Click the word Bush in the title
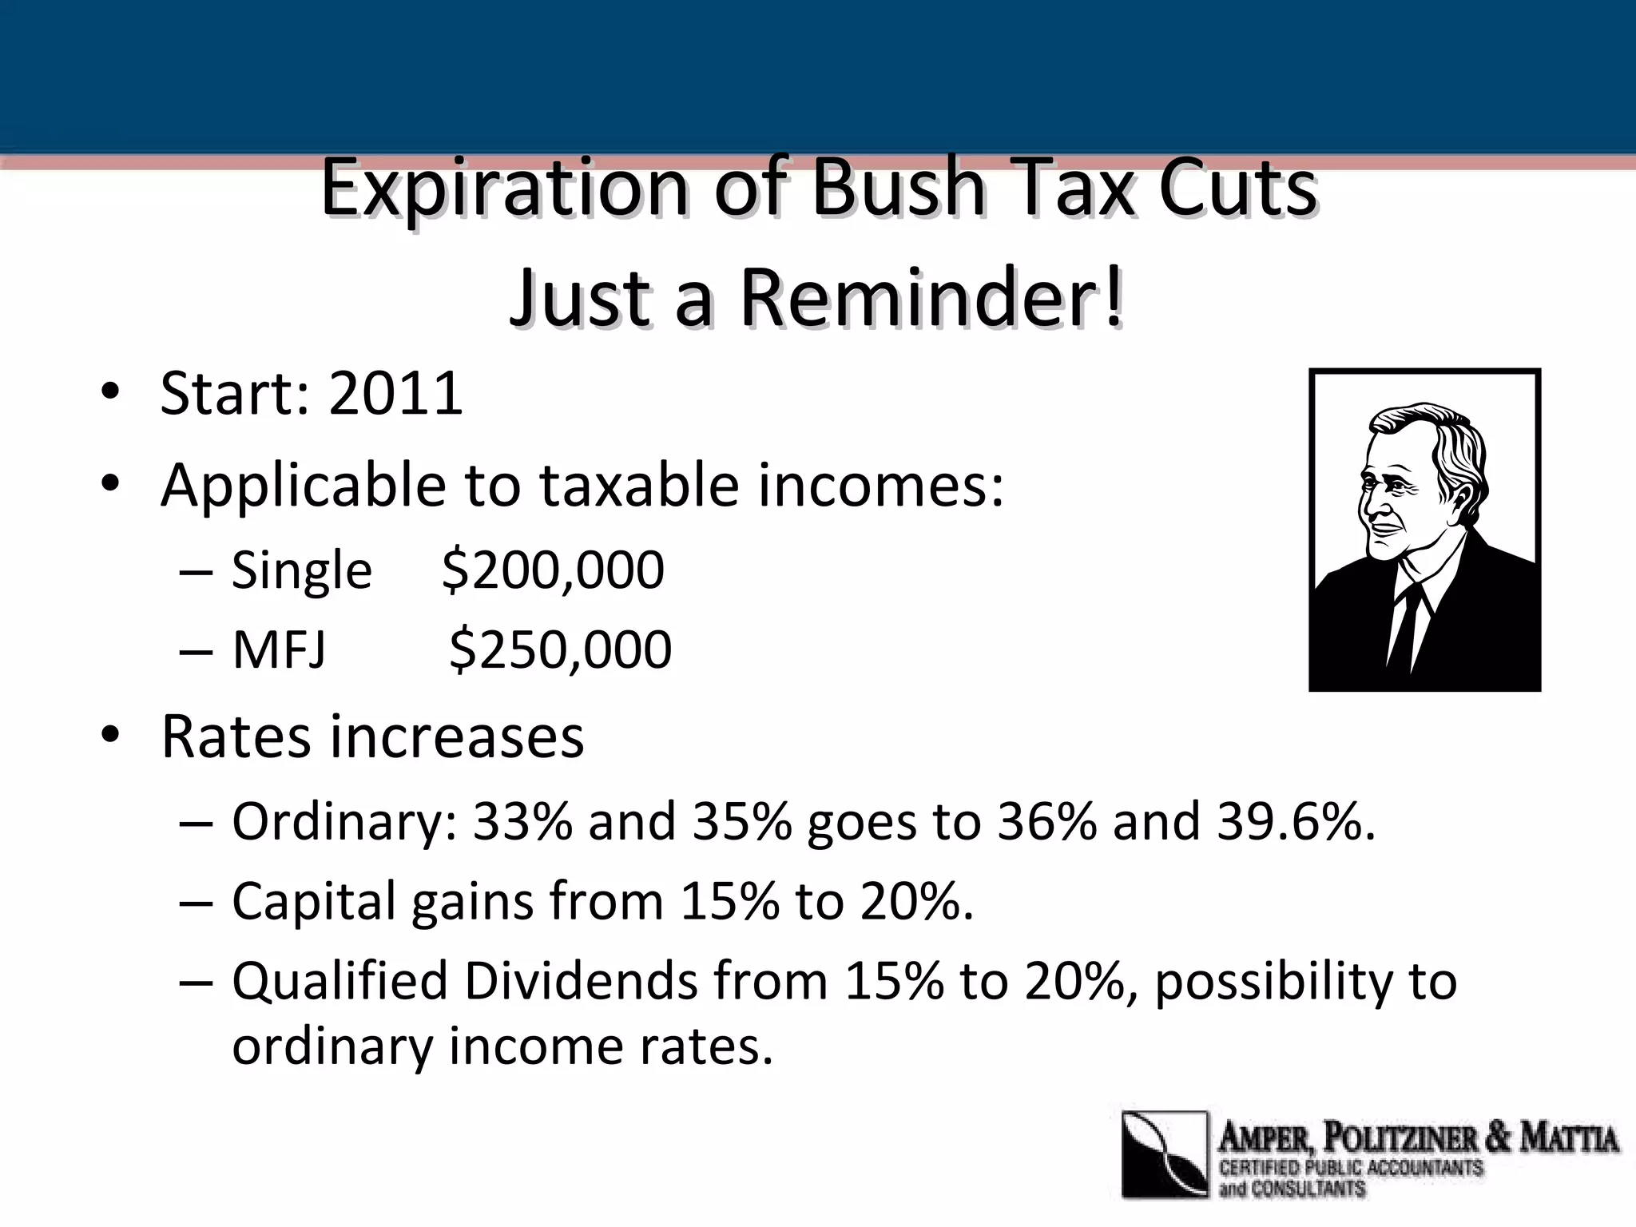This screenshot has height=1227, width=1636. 898,189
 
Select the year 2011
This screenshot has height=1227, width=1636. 395,393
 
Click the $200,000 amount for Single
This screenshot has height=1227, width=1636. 553,570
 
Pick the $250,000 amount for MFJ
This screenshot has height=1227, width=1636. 560,649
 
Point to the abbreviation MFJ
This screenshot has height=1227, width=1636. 279,649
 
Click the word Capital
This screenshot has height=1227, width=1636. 313,902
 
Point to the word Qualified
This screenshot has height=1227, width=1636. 340,982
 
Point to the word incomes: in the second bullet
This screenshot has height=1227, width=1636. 881,485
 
